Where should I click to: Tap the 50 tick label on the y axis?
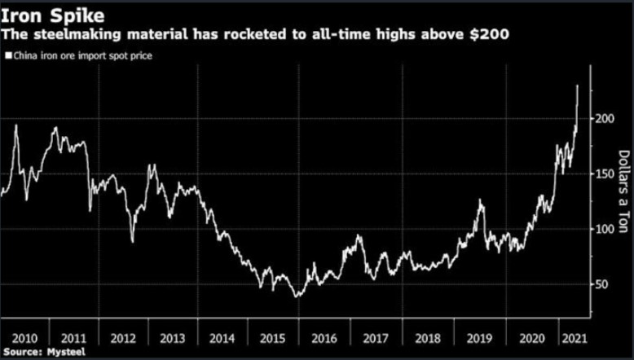(x=601, y=284)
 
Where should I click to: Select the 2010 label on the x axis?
(x=25, y=336)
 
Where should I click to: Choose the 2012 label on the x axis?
(x=123, y=336)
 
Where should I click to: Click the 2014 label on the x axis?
(x=222, y=336)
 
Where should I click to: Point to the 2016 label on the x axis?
(x=323, y=336)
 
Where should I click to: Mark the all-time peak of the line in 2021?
(x=577, y=85)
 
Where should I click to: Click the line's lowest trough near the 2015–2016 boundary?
(x=297, y=296)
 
